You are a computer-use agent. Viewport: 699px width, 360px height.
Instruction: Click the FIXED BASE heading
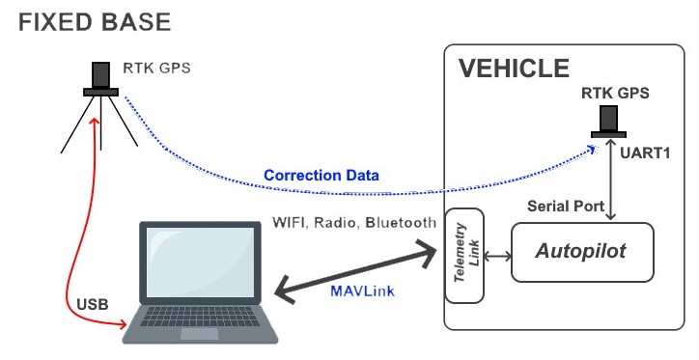pyautogui.click(x=95, y=22)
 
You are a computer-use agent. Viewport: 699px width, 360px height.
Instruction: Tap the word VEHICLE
pyautogui.click(x=514, y=69)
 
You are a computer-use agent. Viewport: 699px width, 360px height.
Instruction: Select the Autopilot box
pyautogui.click(x=582, y=252)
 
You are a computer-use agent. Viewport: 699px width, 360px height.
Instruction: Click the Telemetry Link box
pyautogui.click(x=464, y=256)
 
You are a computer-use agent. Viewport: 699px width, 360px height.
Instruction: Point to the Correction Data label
pyautogui.click(x=322, y=175)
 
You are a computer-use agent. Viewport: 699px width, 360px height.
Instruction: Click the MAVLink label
pyautogui.click(x=362, y=291)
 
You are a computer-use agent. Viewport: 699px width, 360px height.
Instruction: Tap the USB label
pyautogui.click(x=93, y=304)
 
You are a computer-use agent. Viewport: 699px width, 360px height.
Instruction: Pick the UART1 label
pyautogui.click(x=645, y=152)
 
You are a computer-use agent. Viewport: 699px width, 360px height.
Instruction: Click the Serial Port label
pyautogui.click(x=566, y=206)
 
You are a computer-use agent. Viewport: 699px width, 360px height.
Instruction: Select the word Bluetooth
pyautogui.click(x=401, y=222)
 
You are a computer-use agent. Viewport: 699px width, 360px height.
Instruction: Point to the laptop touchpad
pyautogui.click(x=199, y=334)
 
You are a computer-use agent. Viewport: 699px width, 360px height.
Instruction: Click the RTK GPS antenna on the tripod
pyautogui.click(x=100, y=79)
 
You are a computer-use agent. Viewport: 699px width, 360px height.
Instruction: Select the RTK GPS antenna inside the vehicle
pyautogui.click(x=608, y=122)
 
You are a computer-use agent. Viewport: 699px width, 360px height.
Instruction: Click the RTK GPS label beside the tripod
pyautogui.click(x=157, y=69)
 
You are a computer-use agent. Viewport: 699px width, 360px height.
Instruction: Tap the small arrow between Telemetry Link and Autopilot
pyautogui.click(x=497, y=256)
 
